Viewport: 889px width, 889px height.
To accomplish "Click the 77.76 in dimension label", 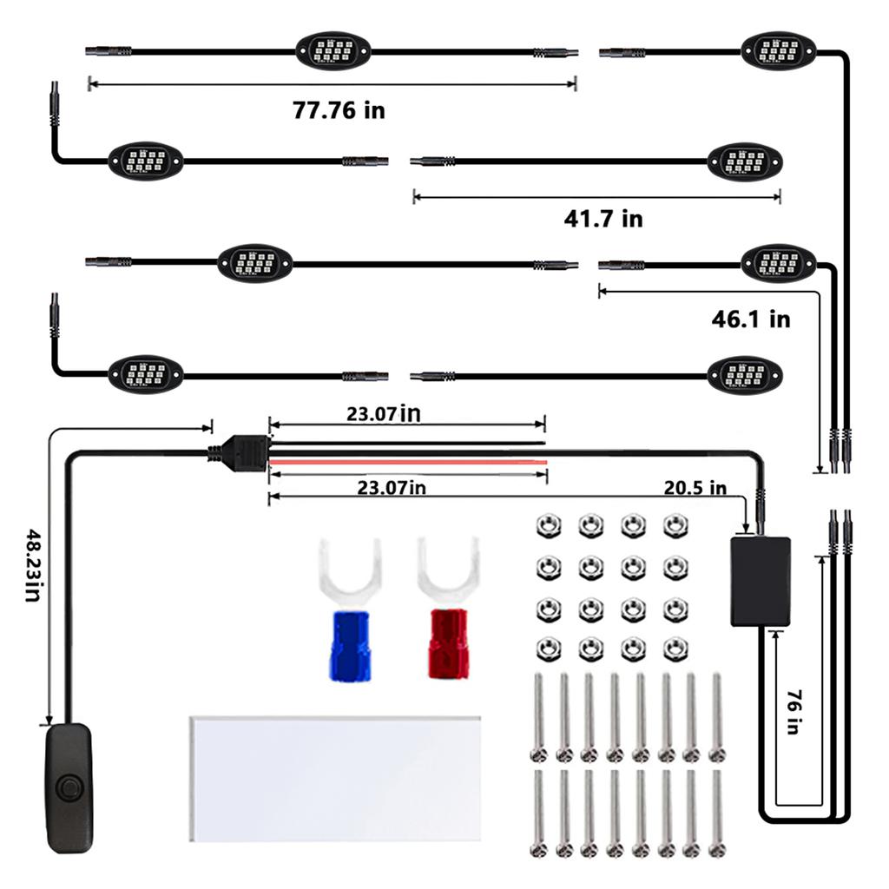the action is click(339, 110).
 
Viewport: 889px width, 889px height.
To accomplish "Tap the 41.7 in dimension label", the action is click(603, 219).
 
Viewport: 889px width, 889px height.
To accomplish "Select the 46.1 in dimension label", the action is click(751, 319).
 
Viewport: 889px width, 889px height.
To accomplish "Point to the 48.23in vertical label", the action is click(33, 565).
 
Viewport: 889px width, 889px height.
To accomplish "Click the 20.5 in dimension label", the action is click(695, 488).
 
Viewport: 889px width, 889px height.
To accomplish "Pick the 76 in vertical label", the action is click(794, 712).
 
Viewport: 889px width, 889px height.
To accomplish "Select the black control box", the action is click(761, 581).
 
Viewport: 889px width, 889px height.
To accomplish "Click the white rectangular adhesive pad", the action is click(334, 779).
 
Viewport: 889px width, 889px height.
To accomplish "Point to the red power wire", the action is click(408, 463).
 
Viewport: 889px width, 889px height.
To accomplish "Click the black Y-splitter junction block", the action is click(244, 451).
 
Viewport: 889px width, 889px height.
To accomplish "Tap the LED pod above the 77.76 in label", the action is click(333, 51).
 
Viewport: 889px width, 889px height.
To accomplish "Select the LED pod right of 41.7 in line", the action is click(745, 161).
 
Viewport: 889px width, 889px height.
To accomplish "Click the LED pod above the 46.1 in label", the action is click(779, 264).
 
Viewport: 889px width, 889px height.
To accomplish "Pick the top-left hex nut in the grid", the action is click(549, 525).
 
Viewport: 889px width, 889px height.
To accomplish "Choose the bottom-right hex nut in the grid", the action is click(675, 649).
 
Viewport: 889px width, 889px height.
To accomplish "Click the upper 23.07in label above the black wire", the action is click(384, 414).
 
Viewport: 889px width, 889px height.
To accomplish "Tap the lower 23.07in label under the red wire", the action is click(392, 488).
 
